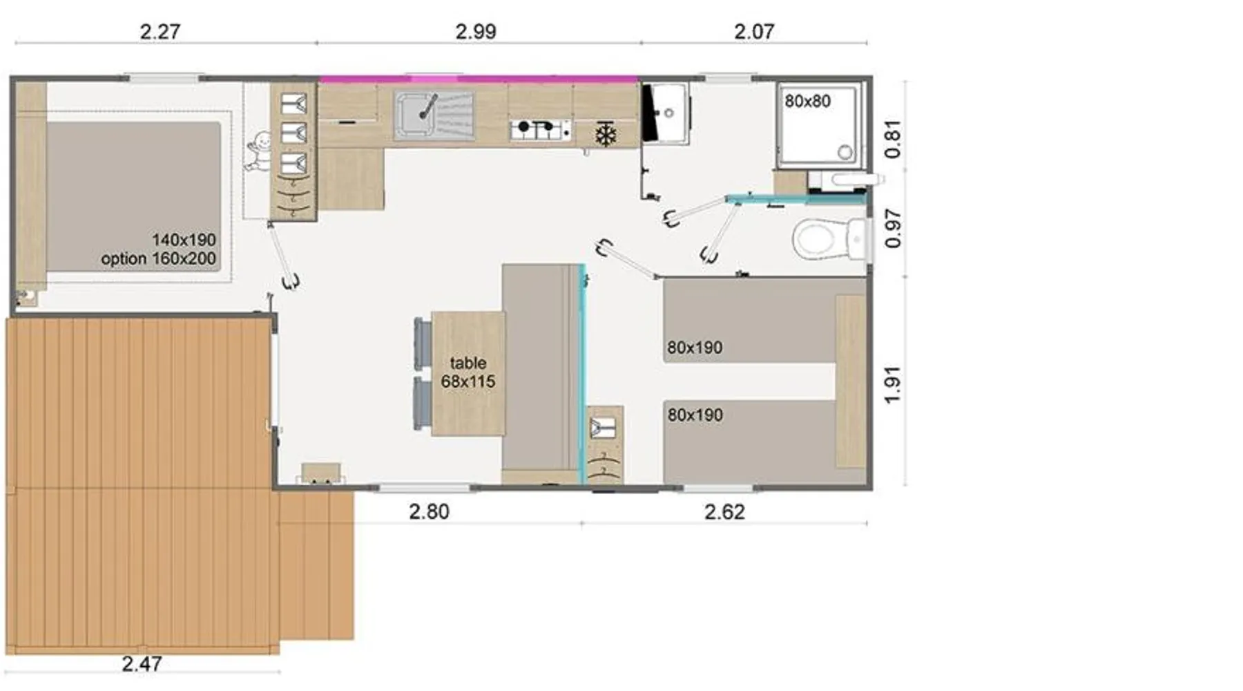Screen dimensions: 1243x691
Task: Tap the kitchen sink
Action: pyautogui.click(x=434, y=115)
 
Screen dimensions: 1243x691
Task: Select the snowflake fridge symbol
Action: pyautogui.click(x=606, y=135)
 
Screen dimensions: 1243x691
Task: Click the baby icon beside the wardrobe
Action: pyautogui.click(x=258, y=151)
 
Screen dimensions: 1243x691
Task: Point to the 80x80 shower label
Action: pyautogui.click(x=807, y=102)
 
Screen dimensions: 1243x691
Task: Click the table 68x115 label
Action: pyautogui.click(x=468, y=372)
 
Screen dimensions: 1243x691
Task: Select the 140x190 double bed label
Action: pyautogui.click(x=184, y=240)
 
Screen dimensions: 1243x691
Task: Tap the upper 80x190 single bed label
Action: pyautogui.click(x=695, y=348)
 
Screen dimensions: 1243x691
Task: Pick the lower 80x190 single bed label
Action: pyautogui.click(x=695, y=415)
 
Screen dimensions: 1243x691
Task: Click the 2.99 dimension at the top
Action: pyautogui.click(x=476, y=32)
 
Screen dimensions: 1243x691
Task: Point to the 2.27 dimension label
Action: pyautogui.click(x=160, y=32)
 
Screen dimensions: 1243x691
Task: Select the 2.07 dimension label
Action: pyautogui.click(x=754, y=32)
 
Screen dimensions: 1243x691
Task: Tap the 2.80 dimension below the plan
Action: pyautogui.click(x=429, y=512)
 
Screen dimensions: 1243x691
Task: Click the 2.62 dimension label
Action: pyautogui.click(x=725, y=512)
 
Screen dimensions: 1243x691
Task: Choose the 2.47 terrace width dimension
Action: pyautogui.click(x=142, y=664)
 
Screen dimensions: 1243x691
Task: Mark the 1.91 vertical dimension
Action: pyautogui.click(x=893, y=385)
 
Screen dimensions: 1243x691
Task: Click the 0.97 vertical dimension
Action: pyautogui.click(x=893, y=229)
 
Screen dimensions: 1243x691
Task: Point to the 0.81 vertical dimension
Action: pyautogui.click(x=893, y=139)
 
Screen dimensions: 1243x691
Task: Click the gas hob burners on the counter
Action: pyautogui.click(x=541, y=129)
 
